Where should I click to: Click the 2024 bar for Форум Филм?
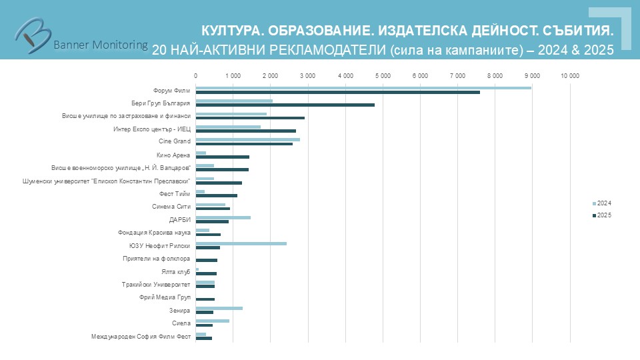(363, 87)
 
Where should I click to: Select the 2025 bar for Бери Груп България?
(285, 105)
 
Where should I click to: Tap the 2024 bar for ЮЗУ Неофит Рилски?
(241, 243)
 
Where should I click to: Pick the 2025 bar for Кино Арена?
(223, 157)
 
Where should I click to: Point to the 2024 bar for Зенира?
(219, 308)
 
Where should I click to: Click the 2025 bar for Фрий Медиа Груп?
(205, 299)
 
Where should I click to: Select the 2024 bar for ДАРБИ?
(223, 217)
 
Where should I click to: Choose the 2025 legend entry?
(601, 215)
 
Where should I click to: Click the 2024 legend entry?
(601, 203)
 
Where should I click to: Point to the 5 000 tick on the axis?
(383, 77)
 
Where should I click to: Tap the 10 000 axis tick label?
(570, 77)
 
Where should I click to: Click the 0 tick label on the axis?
(195, 77)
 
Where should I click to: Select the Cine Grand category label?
(175, 141)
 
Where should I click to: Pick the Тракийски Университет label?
(157, 285)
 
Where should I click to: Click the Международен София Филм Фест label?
(141, 337)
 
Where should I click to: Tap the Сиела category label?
(181, 324)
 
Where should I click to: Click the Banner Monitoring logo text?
(100, 45)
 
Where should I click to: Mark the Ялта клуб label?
(176, 271)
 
